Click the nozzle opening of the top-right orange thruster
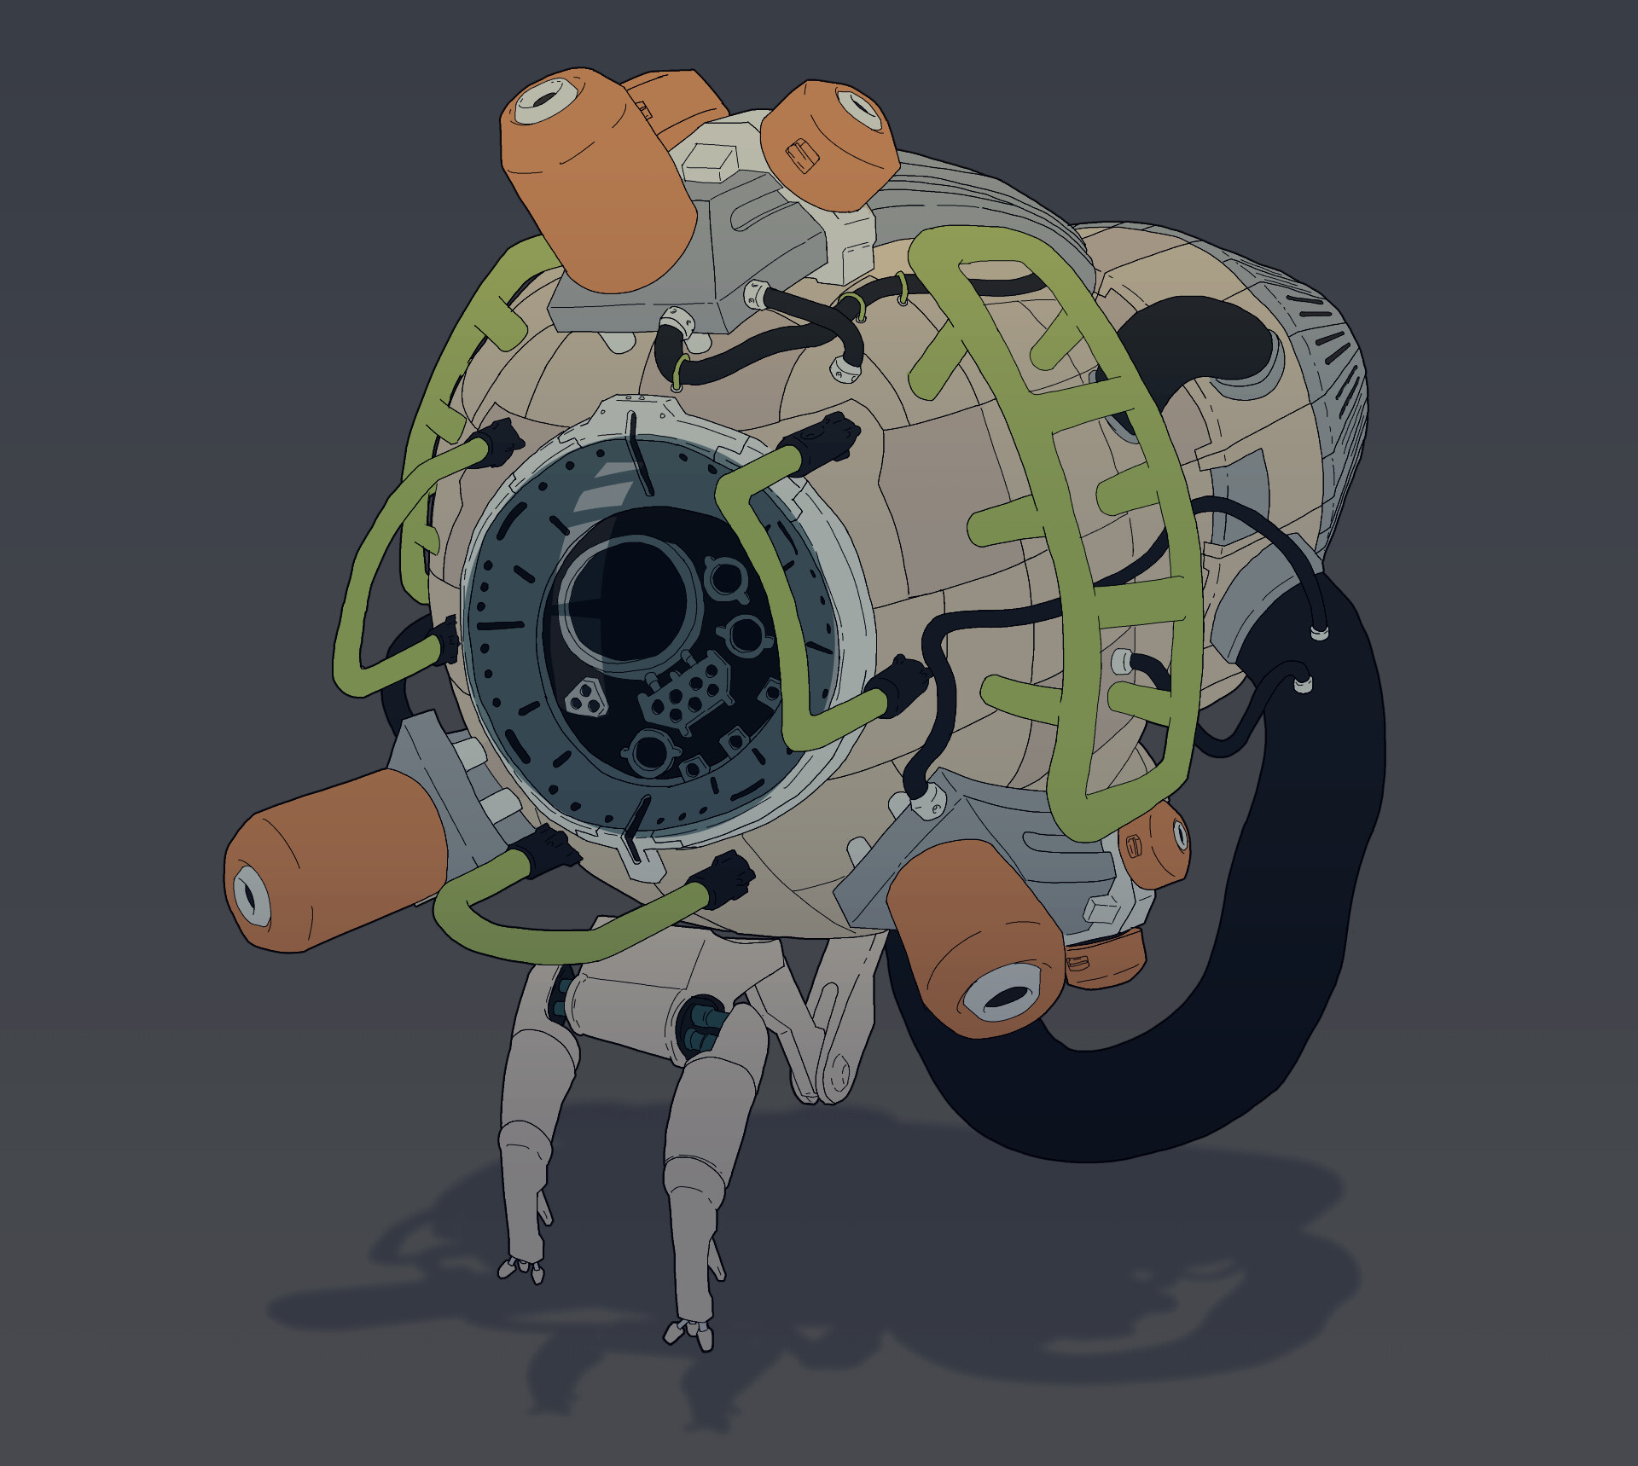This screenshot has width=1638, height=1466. pos(858,109)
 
